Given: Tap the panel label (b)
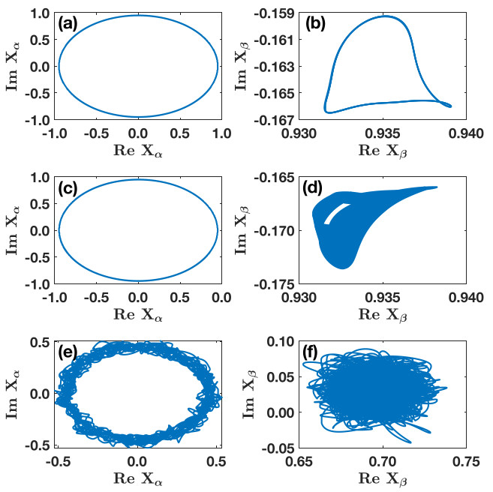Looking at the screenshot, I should pyautogui.click(x=317, y=23).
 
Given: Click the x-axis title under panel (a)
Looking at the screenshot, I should pyautogui.click(x=137, y=150).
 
